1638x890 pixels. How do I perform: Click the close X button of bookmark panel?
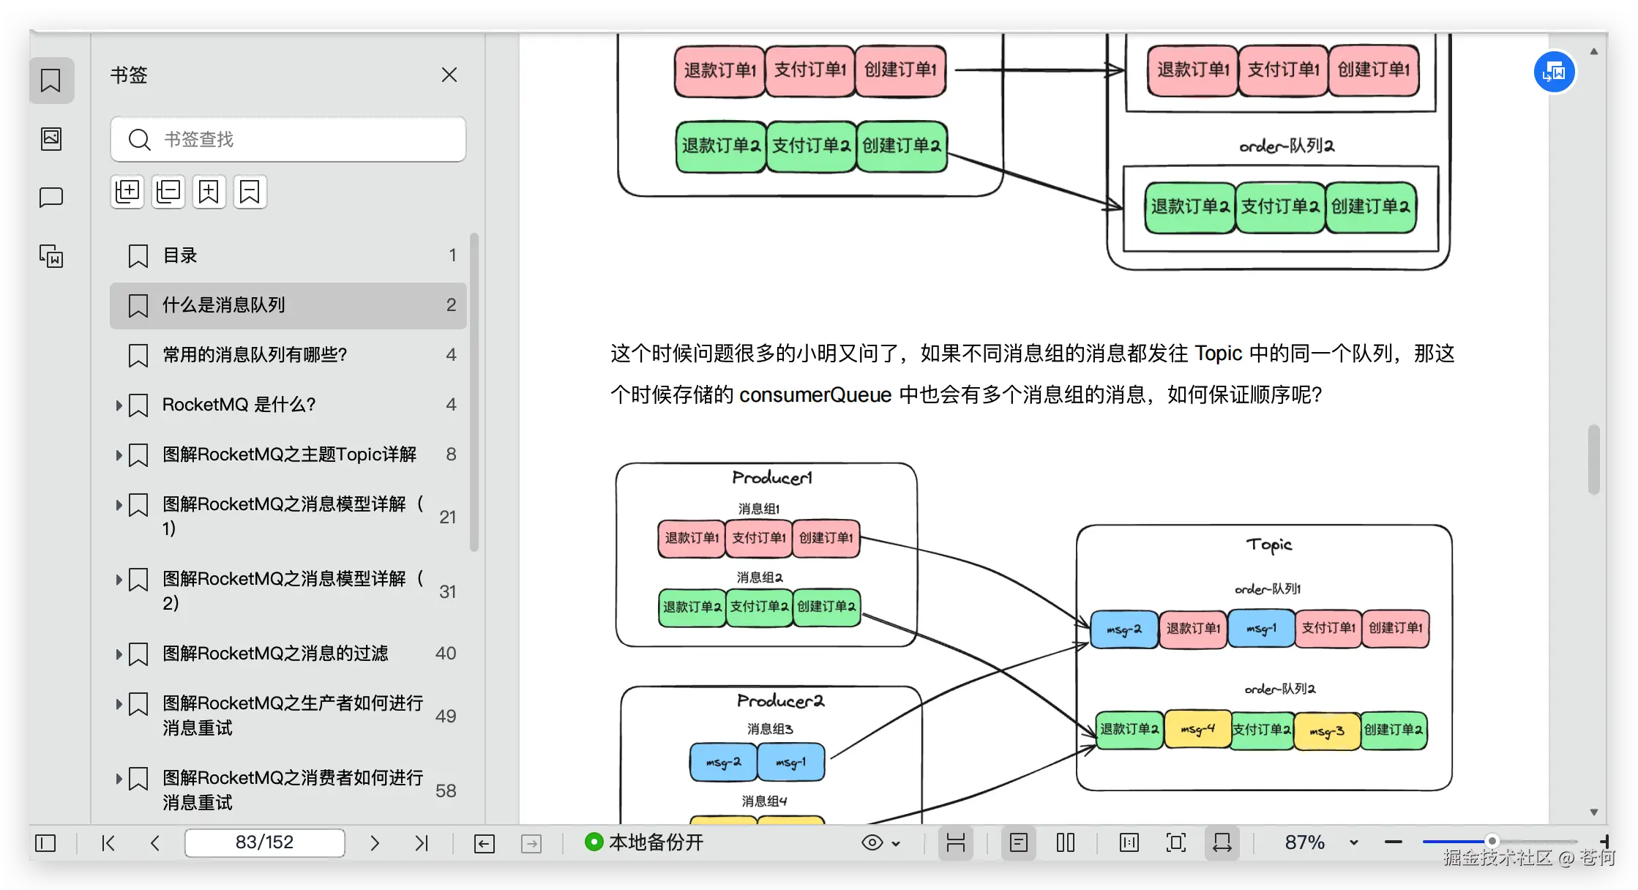[449, 75]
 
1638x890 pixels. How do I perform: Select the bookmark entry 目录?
[180, 255]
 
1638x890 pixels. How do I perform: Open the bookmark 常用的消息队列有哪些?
[254, 355]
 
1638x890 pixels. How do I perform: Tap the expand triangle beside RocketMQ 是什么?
[119, 405]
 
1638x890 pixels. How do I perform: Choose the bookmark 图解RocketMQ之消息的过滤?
[274, 654]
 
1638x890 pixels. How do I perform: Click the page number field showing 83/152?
[264, 842]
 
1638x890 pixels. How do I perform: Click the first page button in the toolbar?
[108, 843]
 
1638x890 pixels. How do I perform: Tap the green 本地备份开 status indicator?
[594, 842]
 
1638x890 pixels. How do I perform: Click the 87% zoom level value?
[1305, 842]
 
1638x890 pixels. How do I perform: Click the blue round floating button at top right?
[1554, 72]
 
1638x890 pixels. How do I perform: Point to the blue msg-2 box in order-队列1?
[1123, 629]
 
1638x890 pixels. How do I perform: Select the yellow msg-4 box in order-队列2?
[1197, 730]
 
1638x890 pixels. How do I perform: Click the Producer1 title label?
[771, 478]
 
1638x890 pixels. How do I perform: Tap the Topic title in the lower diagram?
[1269, 545]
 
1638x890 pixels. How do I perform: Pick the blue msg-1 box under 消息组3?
[790, 763]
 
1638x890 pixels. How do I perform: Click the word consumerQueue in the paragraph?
[815, 395]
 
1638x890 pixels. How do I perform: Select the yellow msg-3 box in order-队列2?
[1327, 731]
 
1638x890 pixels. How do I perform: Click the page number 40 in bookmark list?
[445, 654]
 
